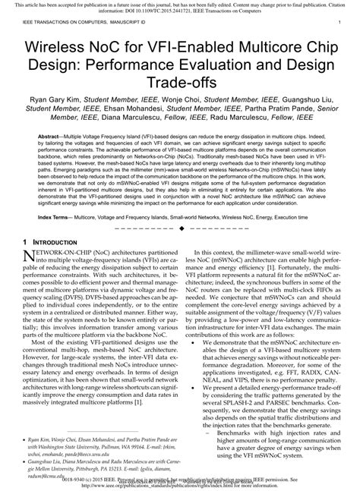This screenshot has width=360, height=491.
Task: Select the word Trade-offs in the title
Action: (x=179, y=89)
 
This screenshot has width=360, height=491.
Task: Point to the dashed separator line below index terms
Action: (x=179, y=228)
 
